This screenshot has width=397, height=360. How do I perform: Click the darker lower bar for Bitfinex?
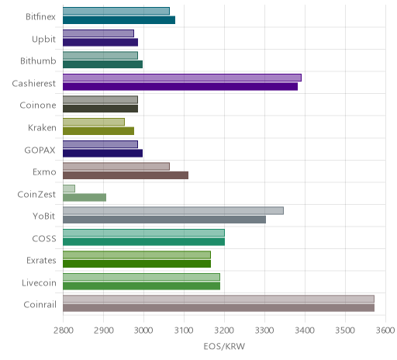tap(119, 20)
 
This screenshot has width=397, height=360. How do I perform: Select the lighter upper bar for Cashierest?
tap(182, 78)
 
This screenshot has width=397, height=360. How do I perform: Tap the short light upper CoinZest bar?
tap(69, 189)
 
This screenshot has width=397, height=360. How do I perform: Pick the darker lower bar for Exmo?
tap(126, 175)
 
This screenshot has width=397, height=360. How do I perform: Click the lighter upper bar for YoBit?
tap(173, 211)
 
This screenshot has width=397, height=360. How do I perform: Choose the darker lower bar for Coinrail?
tap(219, 308)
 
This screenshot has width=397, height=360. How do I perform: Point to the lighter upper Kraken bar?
tap(94, 122)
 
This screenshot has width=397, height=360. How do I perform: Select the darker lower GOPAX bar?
tap(102, 153)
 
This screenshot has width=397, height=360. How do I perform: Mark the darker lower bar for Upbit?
tap(100, 42)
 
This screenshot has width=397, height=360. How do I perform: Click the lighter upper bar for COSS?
tap(143, 233)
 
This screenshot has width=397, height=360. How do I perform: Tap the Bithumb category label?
tap(38, 61)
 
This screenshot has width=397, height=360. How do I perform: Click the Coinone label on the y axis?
tap(38, 106)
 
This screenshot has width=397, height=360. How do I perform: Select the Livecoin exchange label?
tap(39, 282)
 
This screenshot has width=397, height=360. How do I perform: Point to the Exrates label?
tap(41, 261)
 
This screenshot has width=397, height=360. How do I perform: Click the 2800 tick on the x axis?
tap(64, 331)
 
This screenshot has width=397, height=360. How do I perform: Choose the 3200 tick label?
tap(224, 331)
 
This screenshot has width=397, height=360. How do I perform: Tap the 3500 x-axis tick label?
tap(345, 331)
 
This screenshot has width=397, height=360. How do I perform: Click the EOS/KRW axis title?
tap(224, 346)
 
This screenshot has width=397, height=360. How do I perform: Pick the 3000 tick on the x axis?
tap(143, 331)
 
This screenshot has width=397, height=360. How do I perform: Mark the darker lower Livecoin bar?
tap(141, 286)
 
